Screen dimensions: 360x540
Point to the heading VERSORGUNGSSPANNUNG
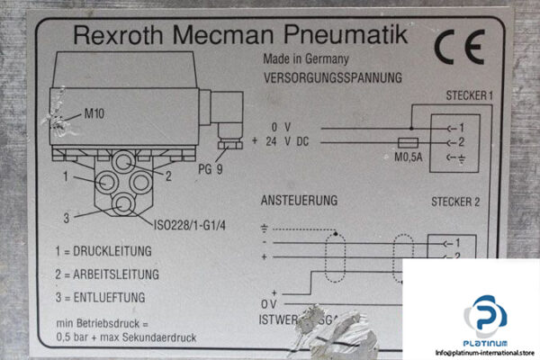coord(332,77)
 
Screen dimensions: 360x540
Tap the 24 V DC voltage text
coord(285,141)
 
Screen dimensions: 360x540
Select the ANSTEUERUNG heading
coord(298,199)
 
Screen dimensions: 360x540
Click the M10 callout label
coord(94,113)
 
